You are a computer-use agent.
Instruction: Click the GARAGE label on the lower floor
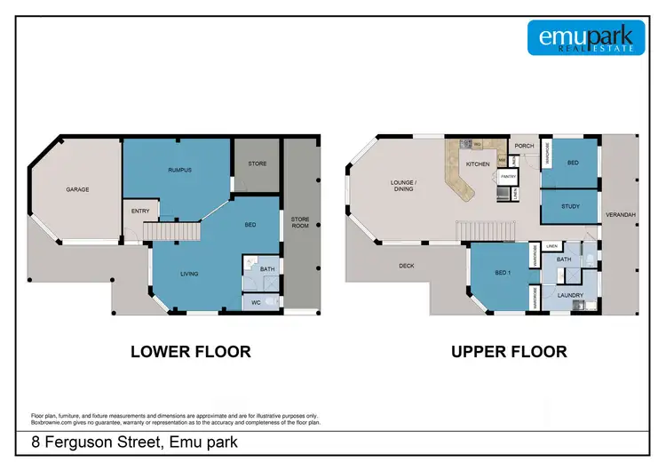coord(77,189)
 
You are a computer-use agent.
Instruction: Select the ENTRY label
coord(139,211)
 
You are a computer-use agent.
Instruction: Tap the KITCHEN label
coord(478,164)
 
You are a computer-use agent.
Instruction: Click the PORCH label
coord(524,148)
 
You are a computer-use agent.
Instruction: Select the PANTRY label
coord(508,177)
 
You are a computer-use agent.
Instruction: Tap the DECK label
coord(407,265)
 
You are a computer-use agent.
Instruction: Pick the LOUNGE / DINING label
coord(404,188)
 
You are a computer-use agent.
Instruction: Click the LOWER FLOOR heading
coord(190,351)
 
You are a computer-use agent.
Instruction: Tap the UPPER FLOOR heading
coord(509,351)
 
